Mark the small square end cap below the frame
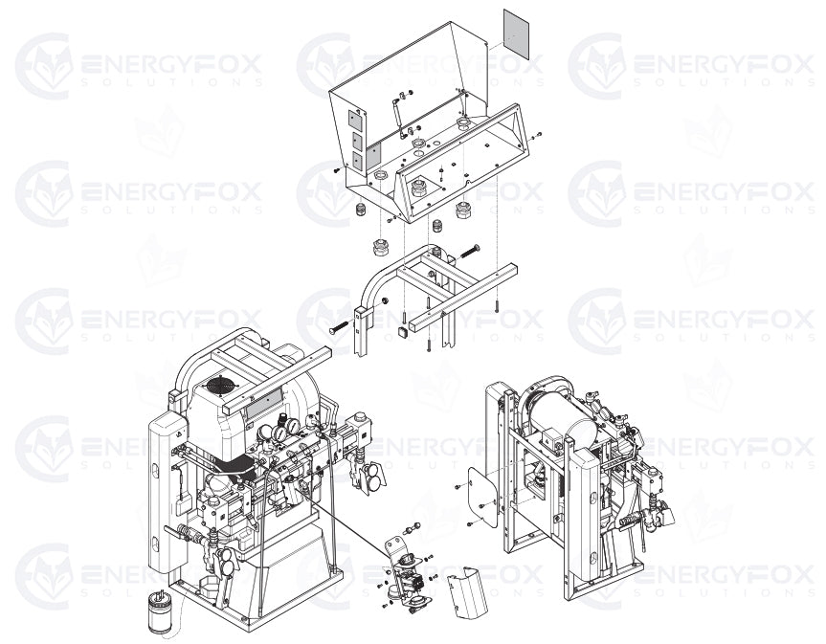coord(391,332)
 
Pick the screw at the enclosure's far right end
coord(539,134)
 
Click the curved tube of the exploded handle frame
coord(375,278)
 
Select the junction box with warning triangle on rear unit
coord(555,440)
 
